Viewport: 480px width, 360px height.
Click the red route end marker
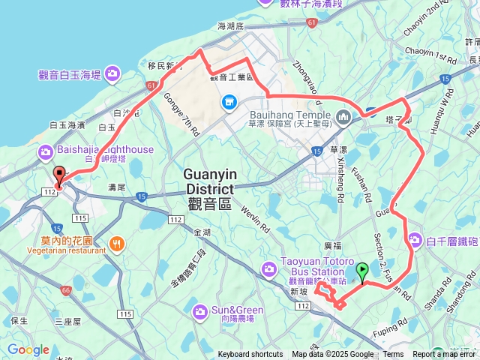click(59, 175)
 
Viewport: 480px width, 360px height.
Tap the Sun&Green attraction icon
click(199, 310)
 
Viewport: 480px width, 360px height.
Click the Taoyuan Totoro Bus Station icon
click(268, 268)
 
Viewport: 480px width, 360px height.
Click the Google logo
click(28, 349)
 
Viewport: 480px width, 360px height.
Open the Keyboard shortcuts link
click(250, 355)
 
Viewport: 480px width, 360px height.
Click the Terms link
click(393, 355)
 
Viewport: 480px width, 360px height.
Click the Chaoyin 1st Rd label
click(430, 53)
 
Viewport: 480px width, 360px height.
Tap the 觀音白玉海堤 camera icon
click(112, 73)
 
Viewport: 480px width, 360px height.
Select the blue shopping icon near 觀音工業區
click(227, 101)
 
